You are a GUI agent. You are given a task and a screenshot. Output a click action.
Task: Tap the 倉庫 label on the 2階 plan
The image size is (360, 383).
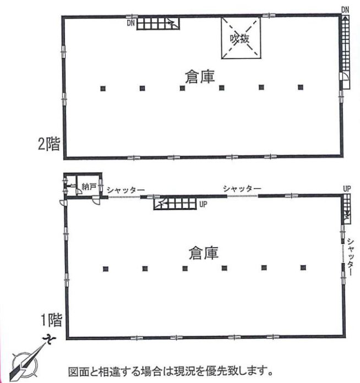pyautogui.click(x=200, y=76)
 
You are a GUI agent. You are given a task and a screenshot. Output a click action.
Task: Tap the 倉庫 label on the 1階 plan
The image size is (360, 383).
pyautogui.click(x=204, y=253)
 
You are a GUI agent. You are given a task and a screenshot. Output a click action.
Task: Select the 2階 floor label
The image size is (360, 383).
pyautogui.click(x=48, y=144)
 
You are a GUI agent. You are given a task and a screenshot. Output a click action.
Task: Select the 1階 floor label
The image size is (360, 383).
pyautogui.click(x=51, y=320)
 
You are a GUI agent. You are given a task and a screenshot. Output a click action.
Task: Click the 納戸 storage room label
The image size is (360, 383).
pyautogui.click(x=89, y=187)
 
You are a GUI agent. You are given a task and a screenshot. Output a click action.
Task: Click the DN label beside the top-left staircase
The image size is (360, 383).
pyautogui.click(x=131, y=23)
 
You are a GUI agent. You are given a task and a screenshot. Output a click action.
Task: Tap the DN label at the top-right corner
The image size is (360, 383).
pyautogui.click(x=345, y=10)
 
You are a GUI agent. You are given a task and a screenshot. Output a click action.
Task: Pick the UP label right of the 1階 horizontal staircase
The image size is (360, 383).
pyautogui.click(x=203, y=204)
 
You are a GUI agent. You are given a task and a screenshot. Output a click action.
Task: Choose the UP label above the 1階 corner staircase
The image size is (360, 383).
pyautogui.click(x=347, y=189)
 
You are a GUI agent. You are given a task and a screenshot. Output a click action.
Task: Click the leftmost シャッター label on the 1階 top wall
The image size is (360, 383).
pyautogui.click(x=126, y=190)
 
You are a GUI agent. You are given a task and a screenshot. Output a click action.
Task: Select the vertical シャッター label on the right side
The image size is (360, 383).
pyautogui.click(x=350, y=257)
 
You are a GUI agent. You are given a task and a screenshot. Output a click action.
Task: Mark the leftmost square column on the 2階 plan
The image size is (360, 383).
pyautogui.click(x=103, y=89)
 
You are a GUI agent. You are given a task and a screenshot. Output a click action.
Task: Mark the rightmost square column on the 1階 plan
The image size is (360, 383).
pyautogui.click(x=303, y=267)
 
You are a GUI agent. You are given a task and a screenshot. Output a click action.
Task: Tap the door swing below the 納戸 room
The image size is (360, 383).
pyautogui.click(x=96, y=201)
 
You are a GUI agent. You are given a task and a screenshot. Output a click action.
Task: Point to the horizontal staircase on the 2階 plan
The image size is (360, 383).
pyautogui.click(x=158, y=23)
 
